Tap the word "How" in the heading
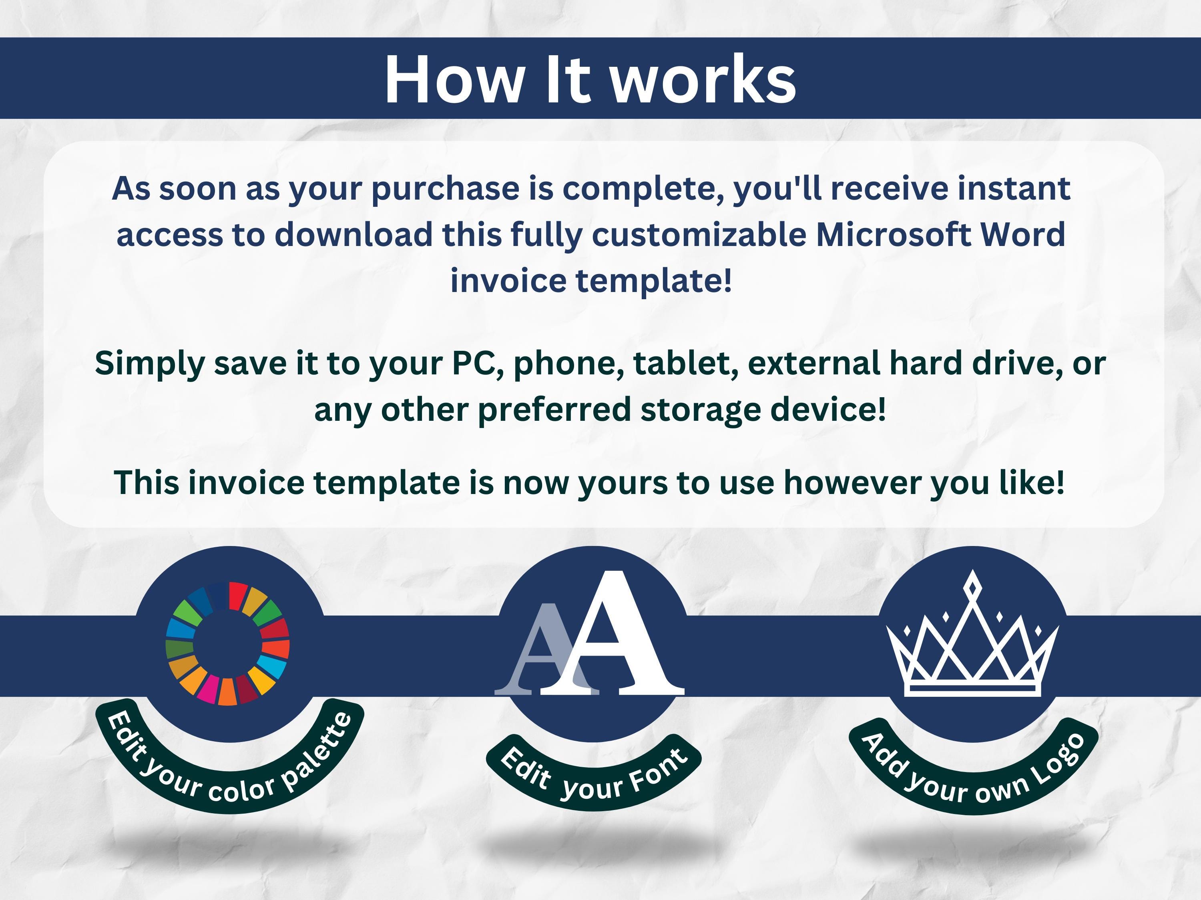coord(452,79)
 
